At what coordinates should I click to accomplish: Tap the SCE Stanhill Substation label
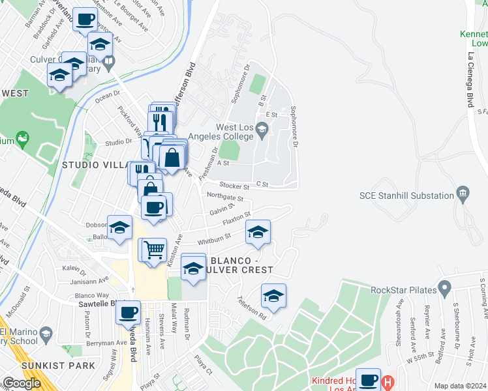406,195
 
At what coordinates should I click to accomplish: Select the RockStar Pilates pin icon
444,286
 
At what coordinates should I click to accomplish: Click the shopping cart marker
154,250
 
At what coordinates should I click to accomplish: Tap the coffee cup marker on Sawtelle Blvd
129,312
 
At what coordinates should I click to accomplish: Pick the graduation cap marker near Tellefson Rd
273,296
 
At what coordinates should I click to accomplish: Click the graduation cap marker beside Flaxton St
258,232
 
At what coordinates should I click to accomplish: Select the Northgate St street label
224,197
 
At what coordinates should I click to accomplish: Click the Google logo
22,383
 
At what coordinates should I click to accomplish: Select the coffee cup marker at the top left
84,20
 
